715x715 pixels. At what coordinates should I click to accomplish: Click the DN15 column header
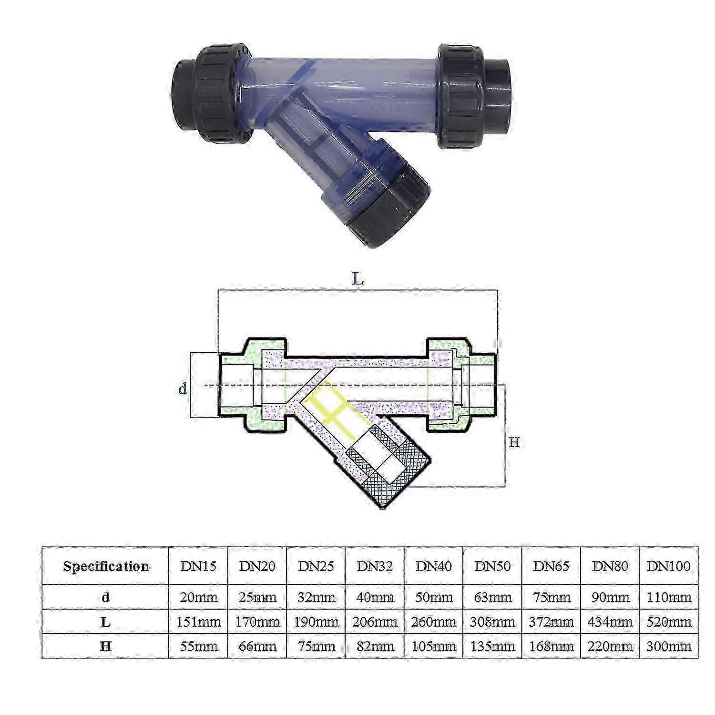point(198,566)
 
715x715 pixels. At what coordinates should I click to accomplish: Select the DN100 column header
point(669,566)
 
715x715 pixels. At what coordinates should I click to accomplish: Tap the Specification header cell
point(106,566)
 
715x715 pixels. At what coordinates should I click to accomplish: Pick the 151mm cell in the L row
point(198,622)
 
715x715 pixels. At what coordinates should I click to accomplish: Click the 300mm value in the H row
point(669,646)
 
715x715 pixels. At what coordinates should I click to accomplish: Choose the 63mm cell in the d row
point(492,597)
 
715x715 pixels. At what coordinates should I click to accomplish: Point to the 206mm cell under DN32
point(375,622)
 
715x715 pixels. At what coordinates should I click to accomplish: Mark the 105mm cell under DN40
point(434,646)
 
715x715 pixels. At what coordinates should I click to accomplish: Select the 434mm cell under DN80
point(610,622)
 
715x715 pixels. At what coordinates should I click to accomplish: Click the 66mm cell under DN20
point(257,646)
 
